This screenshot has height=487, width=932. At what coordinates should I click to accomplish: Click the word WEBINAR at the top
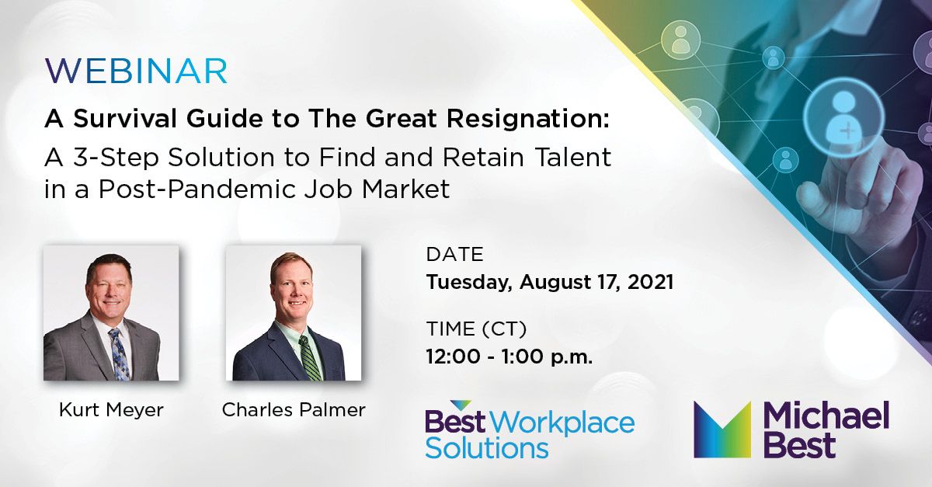pyautogui.click(x=136, y=71)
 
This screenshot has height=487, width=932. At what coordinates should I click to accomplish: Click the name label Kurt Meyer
pyautogui.click(x=111, y=410)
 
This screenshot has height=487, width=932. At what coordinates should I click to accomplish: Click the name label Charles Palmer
pyautogui.click(x=294, y=410)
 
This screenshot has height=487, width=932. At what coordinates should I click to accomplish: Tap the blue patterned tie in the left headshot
pyautogui.click(x=119, y=353)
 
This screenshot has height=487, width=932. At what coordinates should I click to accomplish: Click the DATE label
pyautogui.click(x=454, y=255)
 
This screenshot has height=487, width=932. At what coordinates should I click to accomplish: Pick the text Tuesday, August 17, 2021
pyautogui.click(x=549, y=281)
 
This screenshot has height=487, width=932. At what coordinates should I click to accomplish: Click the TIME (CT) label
pyautogui.click(x=476, y=330)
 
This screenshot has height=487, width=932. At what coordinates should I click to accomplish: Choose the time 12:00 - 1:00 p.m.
pyautogui.click(x=509, y=357)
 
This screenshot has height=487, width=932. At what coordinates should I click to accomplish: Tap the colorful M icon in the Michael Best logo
pyautogui.click(x=722, y=430)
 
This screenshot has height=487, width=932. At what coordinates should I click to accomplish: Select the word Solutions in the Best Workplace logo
pyautogui.click(x=487, y=448)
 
